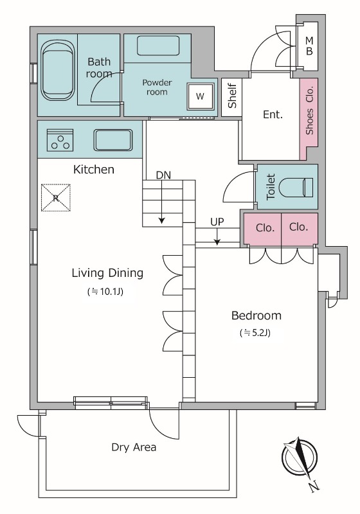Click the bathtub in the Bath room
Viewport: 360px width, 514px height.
pos(58,70)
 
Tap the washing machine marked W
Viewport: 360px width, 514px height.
pos(201,96)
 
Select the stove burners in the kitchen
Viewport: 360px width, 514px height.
pos(60,140)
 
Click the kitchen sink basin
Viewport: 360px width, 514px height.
pos(113,140)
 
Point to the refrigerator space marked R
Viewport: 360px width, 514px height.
pos(56,198)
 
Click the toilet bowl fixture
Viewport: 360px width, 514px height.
pos(296,188)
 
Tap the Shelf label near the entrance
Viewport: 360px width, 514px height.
pos(232,96)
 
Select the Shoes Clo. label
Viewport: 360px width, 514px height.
pos(309,110)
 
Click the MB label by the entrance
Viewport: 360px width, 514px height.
pos(309,46)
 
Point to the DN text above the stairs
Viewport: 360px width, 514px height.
pos(163,175)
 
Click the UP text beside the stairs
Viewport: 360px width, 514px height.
pos(217,222)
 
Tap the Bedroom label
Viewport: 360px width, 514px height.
pos(256,315)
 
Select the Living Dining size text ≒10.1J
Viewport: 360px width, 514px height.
pos(105,292)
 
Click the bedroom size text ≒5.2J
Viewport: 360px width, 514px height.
pos(255,333)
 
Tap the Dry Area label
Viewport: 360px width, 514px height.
pos(134,447)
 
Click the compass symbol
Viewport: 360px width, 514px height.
pos(300,457)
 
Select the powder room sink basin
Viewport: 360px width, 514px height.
pos(158,46)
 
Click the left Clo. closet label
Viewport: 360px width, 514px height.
pos(265,227)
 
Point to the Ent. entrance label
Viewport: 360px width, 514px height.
pos(273,114)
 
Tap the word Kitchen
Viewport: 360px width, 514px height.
pos(94,170)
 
